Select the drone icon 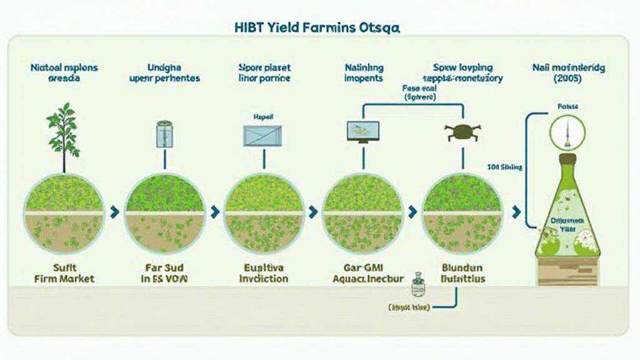[x=462, y=132]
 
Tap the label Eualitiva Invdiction [x=263, y=272]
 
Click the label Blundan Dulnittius [x=463, y=272]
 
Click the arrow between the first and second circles [x=114, y=212]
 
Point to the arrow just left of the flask [x=516, y=212]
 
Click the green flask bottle [x=567, y=212]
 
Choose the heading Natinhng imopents [x=364, y=73]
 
